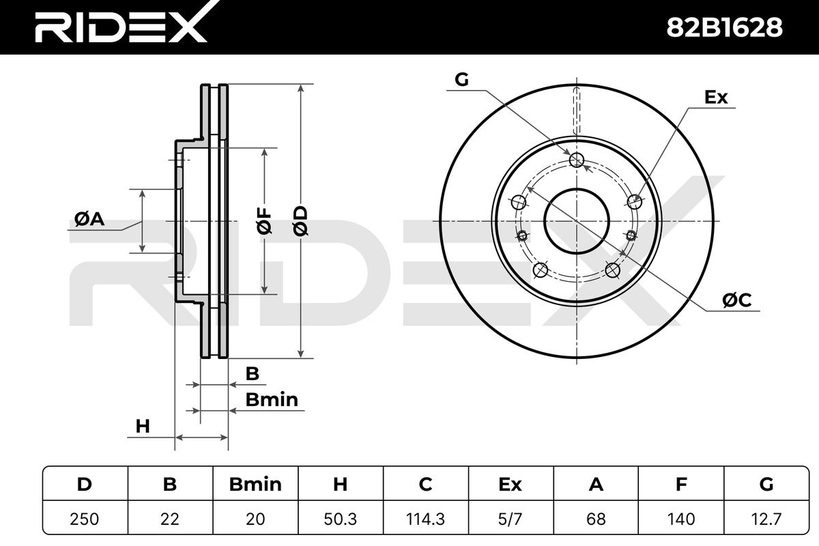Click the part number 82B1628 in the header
click(724, 28)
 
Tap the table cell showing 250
click(85, 519)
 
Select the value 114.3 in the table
click(426, 519)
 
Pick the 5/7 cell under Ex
click(511, 519)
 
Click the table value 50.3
click(341, 519)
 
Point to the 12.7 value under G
click(766, 519)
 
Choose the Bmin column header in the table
click(255, 485)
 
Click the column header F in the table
click(681, 485)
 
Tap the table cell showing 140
click(681, 519)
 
